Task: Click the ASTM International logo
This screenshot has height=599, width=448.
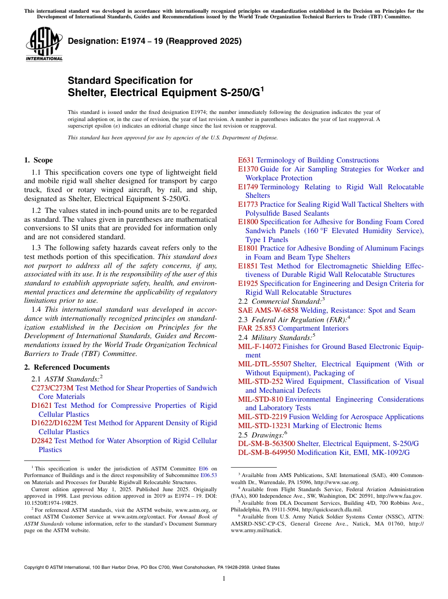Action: (x=44, y=44)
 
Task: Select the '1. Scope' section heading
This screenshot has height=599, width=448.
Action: (x=39, y=160)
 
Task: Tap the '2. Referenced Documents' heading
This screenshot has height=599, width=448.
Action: (x=67, y=367)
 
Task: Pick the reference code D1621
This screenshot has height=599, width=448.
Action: (x=41, y=405)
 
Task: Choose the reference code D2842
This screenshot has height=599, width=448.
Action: (x=41, y=441)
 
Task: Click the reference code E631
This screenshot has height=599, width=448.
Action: (x=246, y=160)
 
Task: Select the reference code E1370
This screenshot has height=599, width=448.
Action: (x=248, y=169)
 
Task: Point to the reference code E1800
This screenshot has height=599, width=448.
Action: (x=248, y=222)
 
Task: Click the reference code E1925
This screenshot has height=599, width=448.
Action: (x=248, y=283)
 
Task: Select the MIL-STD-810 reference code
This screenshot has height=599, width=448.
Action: (x=261, y=399)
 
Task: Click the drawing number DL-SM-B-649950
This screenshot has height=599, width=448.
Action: (x=266, y=453)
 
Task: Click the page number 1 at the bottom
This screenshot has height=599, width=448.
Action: (x=224, y=579)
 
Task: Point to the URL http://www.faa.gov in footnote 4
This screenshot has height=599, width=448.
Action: (x=404, y=496)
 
